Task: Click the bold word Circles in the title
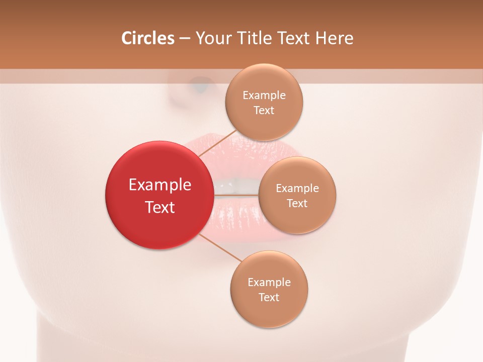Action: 148,38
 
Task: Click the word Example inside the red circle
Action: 160,185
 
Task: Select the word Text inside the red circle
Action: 160,207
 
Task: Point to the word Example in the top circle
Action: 264,96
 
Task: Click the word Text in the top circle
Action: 264,111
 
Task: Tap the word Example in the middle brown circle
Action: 297,189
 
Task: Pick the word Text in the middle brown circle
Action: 297,204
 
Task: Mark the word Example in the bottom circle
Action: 269,283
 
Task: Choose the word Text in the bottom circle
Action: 269,298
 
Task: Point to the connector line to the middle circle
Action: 236,195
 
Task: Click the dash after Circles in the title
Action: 184,38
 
